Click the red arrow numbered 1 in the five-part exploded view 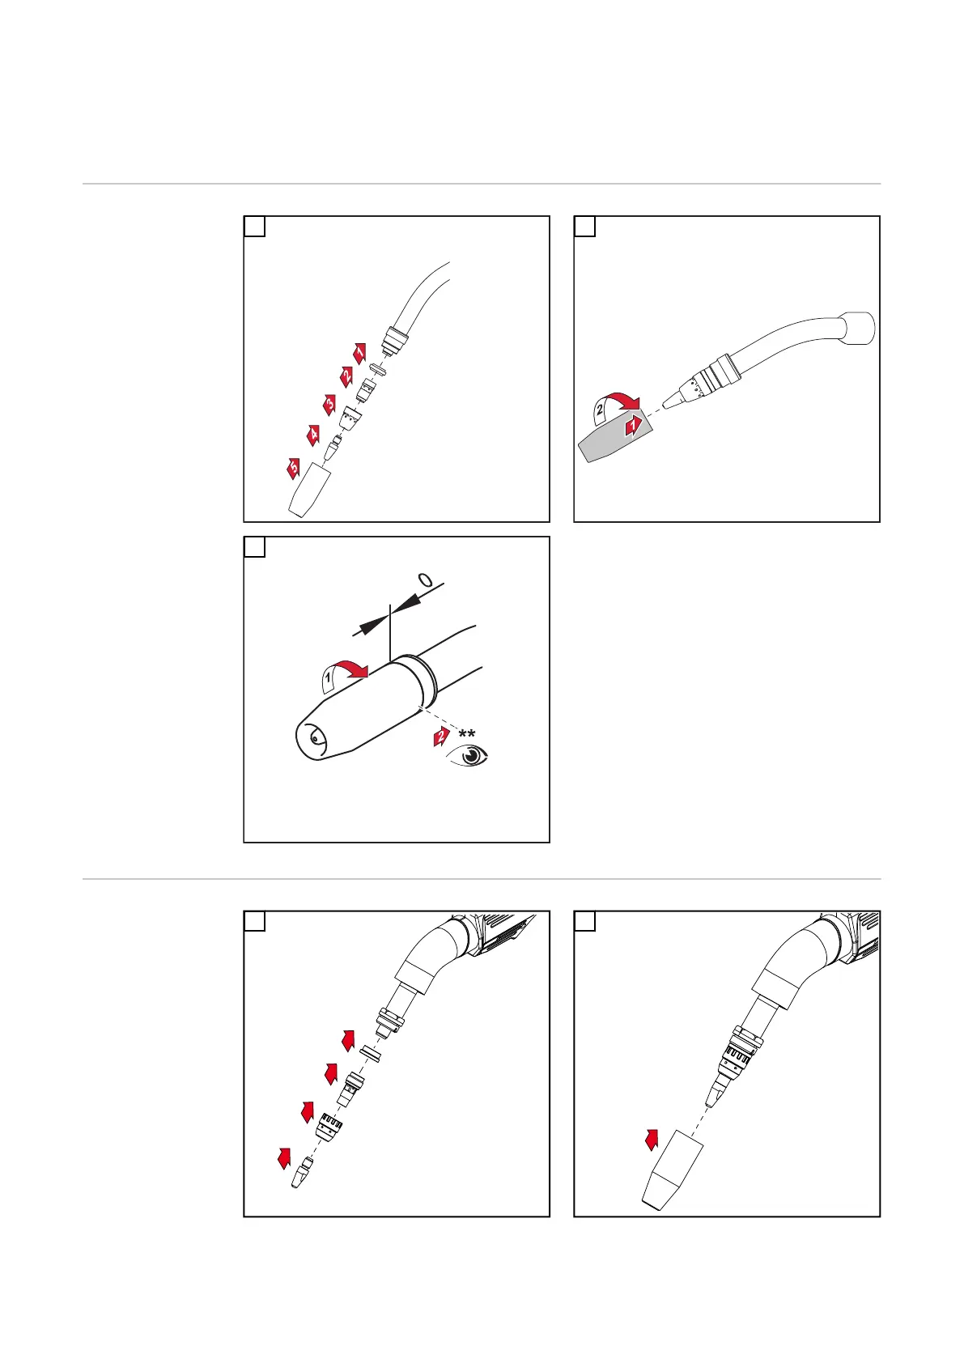[359, 352]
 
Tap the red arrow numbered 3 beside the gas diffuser [329, 405]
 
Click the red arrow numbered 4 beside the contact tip [312, 435]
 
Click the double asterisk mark [467, 735]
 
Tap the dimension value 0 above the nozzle [426, 580]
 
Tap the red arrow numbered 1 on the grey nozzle [633, 424]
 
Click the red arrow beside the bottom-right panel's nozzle [652, 1140]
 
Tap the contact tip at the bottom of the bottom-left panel [302, 1173]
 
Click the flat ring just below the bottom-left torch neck [371, 1054]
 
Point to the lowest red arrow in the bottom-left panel [283, 1157]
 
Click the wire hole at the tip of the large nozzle [312, 738]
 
